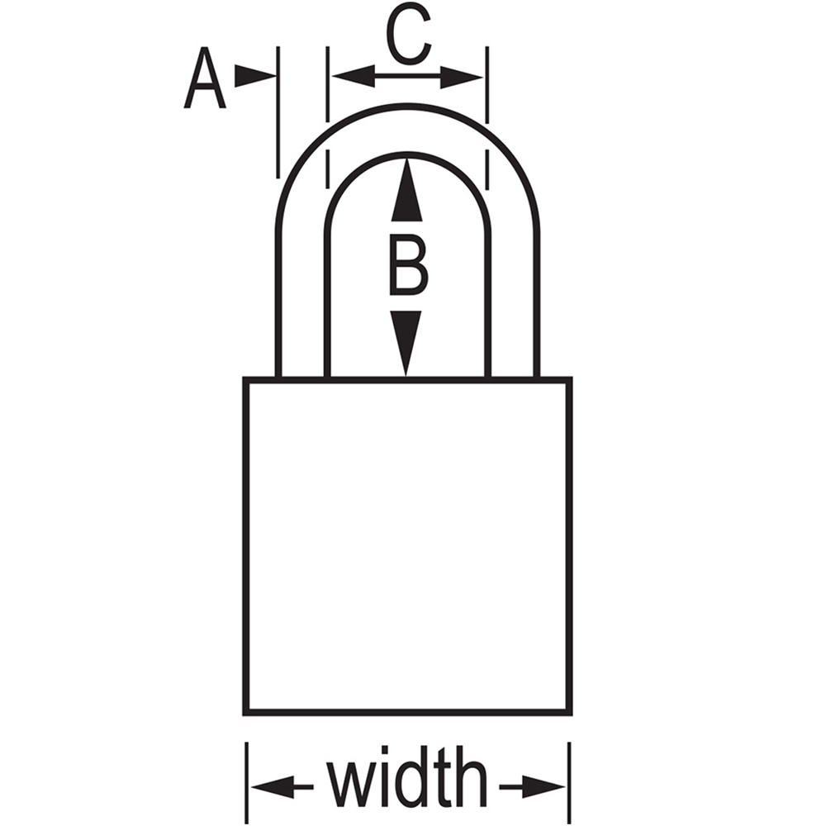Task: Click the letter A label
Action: click(x=204, y=78)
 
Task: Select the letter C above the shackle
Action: click(x=409, y=34)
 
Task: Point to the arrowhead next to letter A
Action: click(x=255, y=76)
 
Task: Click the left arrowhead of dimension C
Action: click(x=353, y=76)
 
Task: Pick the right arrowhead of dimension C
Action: click(x=462, y=77)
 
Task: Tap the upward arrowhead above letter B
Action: click(x=406, y=190)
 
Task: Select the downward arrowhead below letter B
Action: click(x=406, y=343)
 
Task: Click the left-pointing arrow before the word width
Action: click(x=282, y=787)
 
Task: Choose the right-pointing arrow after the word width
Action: click(x=532, y=787)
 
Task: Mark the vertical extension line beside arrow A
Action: click(x=278, y=112)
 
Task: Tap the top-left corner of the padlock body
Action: click(x=244, y=377)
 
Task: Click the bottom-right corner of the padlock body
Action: click(x=572, y=714)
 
